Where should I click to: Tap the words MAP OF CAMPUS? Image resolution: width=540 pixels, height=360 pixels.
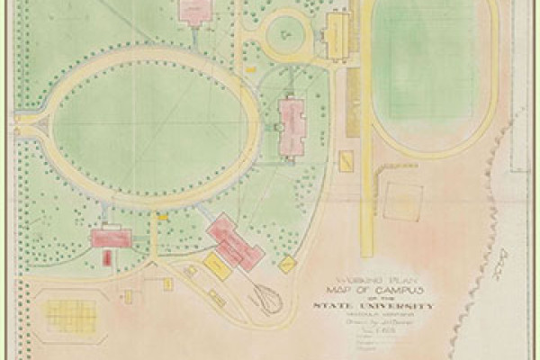coord(372,289)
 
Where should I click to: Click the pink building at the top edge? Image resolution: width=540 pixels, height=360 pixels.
coord(193,10)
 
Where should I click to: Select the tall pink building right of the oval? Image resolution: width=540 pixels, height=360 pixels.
coord(292,127)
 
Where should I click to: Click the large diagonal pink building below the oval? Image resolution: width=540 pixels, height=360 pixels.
coord(235,242)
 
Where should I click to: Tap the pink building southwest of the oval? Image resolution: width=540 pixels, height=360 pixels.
coord(111,238)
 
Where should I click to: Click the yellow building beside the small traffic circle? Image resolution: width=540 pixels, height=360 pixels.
coord(337,33)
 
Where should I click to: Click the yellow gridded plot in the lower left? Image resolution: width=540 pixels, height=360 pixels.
coord(70,315)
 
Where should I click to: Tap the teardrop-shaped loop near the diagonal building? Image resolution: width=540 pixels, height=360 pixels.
coord(266,296)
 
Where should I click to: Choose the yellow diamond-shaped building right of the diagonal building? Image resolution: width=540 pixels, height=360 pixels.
coord(288,265)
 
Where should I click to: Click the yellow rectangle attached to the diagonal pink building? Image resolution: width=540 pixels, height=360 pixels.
coord(217,266)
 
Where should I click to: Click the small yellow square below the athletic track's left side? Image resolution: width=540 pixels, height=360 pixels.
coord(346,161)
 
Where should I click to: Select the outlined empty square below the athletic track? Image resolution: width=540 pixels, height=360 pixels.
coord(402,202)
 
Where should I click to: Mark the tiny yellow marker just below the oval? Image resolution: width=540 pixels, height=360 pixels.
coord(163,218)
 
